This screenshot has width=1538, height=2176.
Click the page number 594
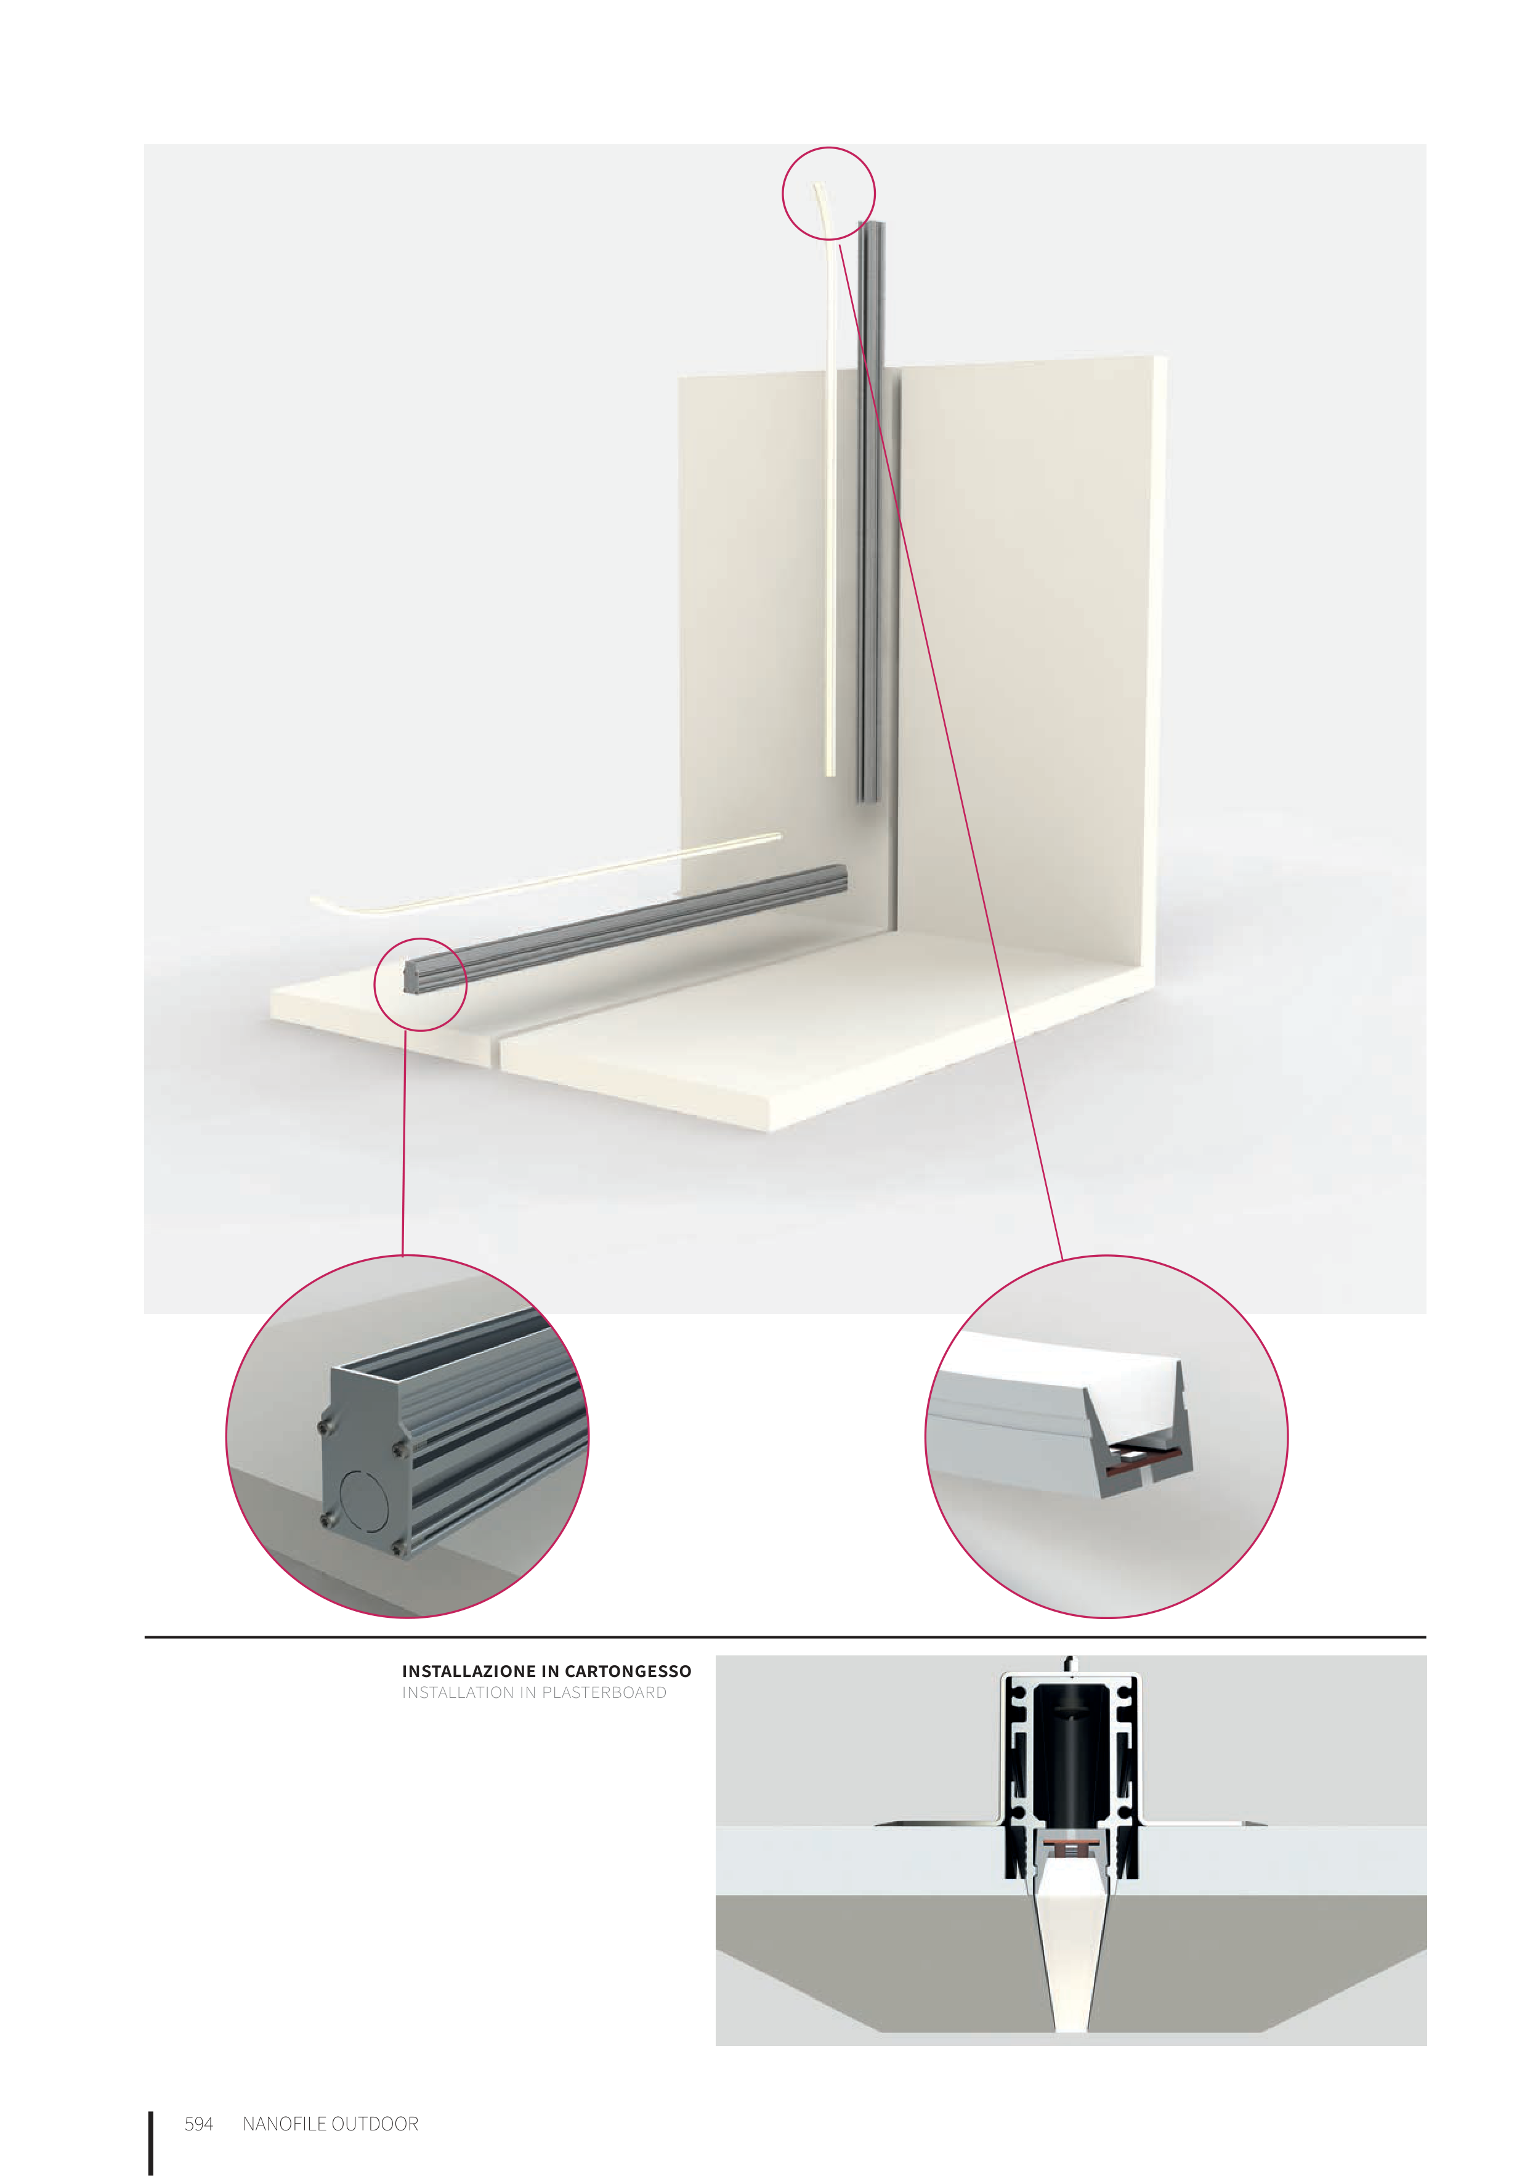tap(198, 2124)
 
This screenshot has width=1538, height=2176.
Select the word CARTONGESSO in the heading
tap(628, 1671)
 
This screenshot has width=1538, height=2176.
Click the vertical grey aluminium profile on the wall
tap(871, 512)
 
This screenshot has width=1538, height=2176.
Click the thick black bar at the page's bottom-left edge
tap(151, 2143)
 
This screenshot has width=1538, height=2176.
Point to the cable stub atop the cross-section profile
tap(1069, 1664)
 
